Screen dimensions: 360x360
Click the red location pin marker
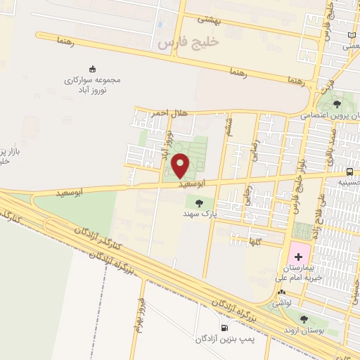[181, 165]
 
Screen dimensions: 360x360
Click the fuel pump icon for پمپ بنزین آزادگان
[224, 327]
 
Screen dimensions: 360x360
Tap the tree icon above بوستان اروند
[303, 319]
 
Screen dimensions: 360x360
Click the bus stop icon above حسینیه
[349, 172]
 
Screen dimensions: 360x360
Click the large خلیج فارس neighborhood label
[189, 42]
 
